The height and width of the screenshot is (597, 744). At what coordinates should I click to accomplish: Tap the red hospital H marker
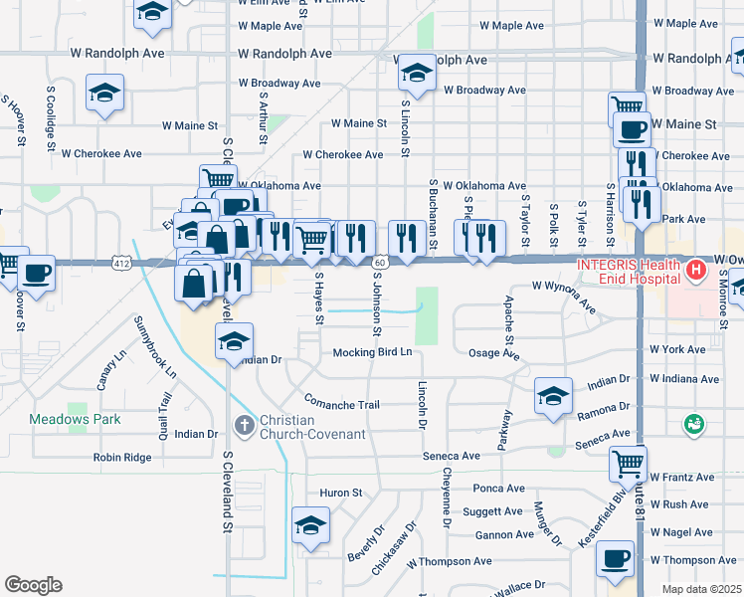[696, 269]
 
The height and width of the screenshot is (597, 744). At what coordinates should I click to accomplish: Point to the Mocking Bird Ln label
[372, 352]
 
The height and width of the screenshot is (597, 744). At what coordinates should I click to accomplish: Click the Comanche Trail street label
[342, 405]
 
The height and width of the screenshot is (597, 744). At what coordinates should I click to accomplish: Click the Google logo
[33, 585]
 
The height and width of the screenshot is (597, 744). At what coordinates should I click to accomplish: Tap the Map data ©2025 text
[701, 589]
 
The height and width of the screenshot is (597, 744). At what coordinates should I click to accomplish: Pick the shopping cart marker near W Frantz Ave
[628, 462]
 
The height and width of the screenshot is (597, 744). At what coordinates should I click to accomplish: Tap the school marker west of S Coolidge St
[103, 93]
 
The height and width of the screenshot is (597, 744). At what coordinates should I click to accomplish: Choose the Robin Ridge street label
[122, 458]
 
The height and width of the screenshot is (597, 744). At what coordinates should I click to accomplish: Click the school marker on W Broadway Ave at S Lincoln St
[416, 72]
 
